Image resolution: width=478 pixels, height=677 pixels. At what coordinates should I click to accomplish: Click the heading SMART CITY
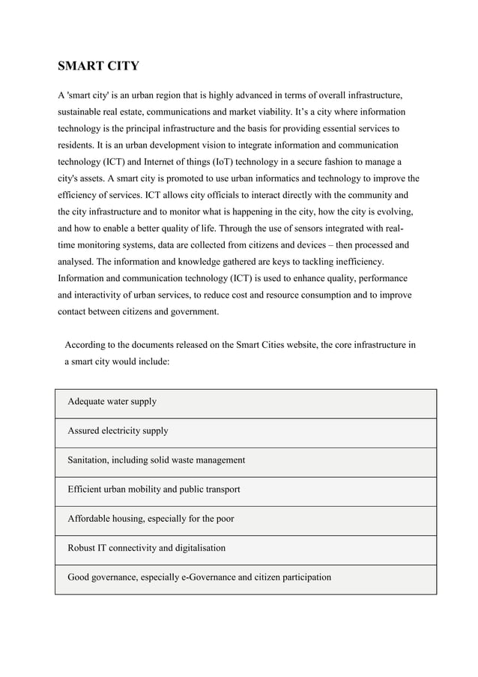pyautogui.click(x=98, y=66)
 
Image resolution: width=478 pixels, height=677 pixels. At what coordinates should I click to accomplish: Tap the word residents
pyautogui.click(x=77, y=145)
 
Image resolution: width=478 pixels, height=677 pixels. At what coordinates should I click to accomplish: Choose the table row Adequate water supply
pyautogui.click(x=112, y=402)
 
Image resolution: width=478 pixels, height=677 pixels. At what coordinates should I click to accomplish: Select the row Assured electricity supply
pyautogui.click(x=118, y=431)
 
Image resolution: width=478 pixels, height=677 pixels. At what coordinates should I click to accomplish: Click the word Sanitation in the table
pyautogui.click(x=90, y=460)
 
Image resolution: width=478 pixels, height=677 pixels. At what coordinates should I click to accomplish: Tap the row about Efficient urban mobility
pyautogui.click(x=154, y=490)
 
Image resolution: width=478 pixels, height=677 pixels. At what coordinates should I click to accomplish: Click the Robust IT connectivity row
pyautogui.click(x=146, y=548)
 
